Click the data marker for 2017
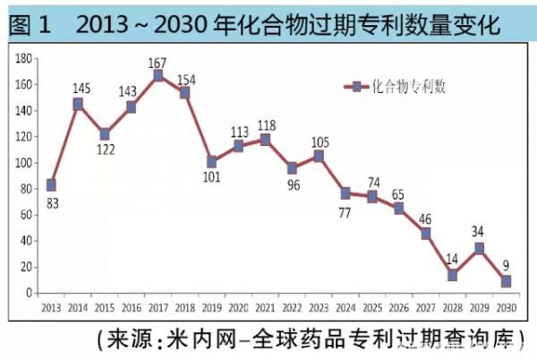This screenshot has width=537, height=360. [x=158, y=76]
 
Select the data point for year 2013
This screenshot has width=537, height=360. [x=51, y=184]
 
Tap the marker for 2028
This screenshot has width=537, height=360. [x=453, y=275]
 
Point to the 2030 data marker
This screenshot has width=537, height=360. [x=507, y=281]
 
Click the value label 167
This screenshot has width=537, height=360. [x=158, y=63]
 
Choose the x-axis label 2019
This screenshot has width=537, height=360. [x=211, y=307]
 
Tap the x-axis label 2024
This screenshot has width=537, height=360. [x=345, y=307]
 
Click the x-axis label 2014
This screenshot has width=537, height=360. [x=78, y=307]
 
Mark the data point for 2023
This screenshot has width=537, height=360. [x=319, y=156]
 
